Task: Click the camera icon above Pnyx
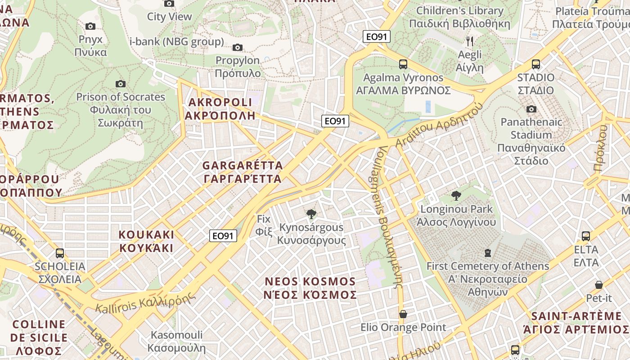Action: click(x=90, y=27)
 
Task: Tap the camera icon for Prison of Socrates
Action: click(x=120, y=84)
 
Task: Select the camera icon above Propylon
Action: click(x=238, y=47)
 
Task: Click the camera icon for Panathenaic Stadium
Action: click(x=531, y=109)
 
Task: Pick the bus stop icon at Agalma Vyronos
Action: click(x=403, y=64)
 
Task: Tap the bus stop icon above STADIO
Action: click(x=535, y=64)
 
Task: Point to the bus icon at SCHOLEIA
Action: click(x=60, y=253)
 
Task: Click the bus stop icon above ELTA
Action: click(x=586, y=236)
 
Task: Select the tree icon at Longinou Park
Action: click(x=456, y=196)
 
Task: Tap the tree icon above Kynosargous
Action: click(x=310, y=214)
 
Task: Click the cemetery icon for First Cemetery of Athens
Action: click(x=487, y=253)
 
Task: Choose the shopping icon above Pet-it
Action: click(x=598, y=285)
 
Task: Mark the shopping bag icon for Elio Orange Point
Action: click(x=403, y=314)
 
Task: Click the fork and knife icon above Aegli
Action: click(x=470, y=41)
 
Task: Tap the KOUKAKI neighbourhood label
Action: click(x=146, y=241)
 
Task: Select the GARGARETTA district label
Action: click(x=243, y=172)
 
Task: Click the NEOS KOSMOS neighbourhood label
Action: click(x=310, y=288)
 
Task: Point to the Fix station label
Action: click(x=264, y=225)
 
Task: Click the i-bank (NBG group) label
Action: click(x=176, y=42)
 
